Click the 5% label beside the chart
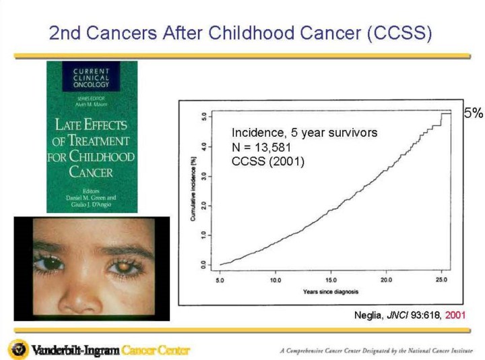[x=473, y=113]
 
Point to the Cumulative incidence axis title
[x=193, y=191]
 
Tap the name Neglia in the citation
[x=368, y=315]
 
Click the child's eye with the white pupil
[x=126, y=268]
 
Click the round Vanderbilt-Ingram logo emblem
[x=18, y=349]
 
